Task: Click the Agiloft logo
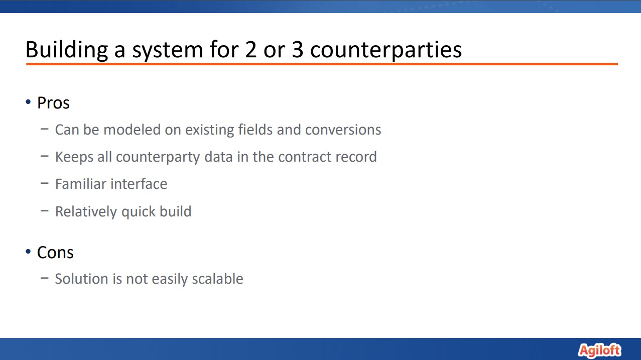[599, 350]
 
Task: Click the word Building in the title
[67, 50]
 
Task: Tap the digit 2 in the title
[250, 50]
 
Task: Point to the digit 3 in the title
[297, 50]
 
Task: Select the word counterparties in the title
[386, 50]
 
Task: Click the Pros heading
[53, 103]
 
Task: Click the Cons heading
[55, 253]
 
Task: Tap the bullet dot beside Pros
[28, 102]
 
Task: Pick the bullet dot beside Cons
[28, 252]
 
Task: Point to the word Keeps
[74, 157]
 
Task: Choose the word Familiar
[81, 184]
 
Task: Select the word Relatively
[86, 212]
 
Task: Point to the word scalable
[217, 279]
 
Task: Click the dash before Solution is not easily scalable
[44, 278]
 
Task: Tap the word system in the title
[168, 50]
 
